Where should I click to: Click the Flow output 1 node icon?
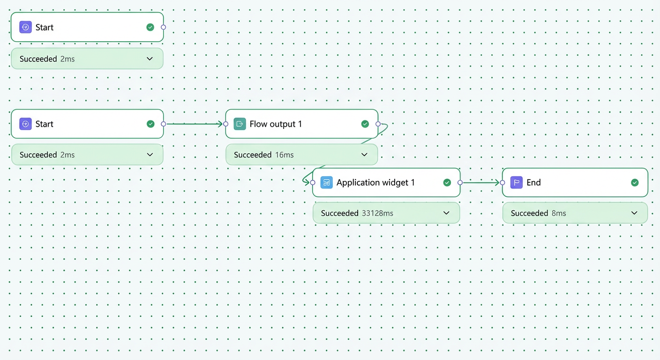[240, 124]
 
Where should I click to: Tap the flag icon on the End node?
[516, 182]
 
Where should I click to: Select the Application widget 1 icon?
[326, 182]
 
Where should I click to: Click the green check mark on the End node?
[635, 183]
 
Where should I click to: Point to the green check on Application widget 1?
[447, 183]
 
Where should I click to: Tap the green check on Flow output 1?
[365, 124]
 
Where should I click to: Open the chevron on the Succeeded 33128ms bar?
[446, 213]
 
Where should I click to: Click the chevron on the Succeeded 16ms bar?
[365, 155]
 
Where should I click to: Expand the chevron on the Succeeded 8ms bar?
[634, 213]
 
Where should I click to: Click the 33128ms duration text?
[377, 213]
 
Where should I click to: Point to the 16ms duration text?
[285, 155]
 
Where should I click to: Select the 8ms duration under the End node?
[559, 213]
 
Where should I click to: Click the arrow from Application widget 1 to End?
[481, 183]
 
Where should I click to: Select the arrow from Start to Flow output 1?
[195, 124]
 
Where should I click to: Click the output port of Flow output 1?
[378, 124]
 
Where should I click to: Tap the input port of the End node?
[502, 183]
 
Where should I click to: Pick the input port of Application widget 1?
[313, 183]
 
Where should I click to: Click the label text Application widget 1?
[375, 183]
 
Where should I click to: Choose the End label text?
[533, 183]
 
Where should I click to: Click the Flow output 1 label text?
[276, 124]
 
